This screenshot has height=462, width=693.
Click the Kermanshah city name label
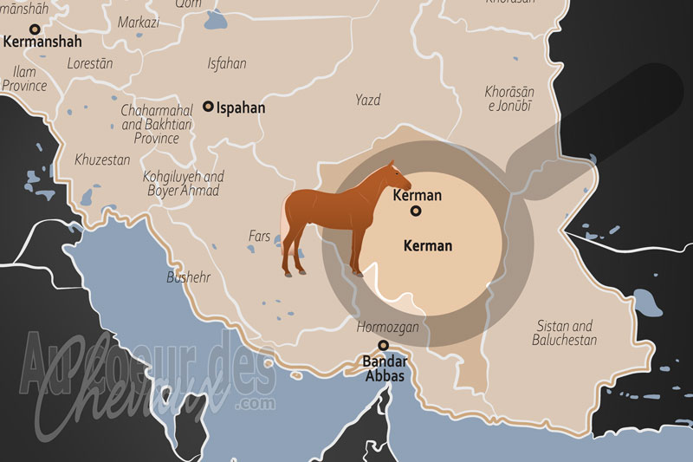tap(42, 41)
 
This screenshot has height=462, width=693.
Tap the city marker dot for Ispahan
tap(208, 107)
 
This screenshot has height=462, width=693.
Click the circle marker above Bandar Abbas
tap(382, 345)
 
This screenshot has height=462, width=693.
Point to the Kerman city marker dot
tap(416, 211)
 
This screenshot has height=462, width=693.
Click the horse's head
tap(399, 177)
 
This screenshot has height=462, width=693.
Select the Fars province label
tap(260, 235)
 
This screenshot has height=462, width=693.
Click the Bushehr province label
tap(188, 278)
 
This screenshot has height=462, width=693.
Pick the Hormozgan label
tap(387, 327)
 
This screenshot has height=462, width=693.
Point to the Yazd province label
tap(367, 101)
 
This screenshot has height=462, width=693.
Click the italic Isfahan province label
tap(227, 63)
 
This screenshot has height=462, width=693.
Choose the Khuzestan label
tap(102, 159)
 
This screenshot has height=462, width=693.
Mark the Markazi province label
tap(139, 22)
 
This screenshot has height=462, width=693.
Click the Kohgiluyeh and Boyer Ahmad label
tap(183, 183)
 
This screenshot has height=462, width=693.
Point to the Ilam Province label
tap(24, 79)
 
